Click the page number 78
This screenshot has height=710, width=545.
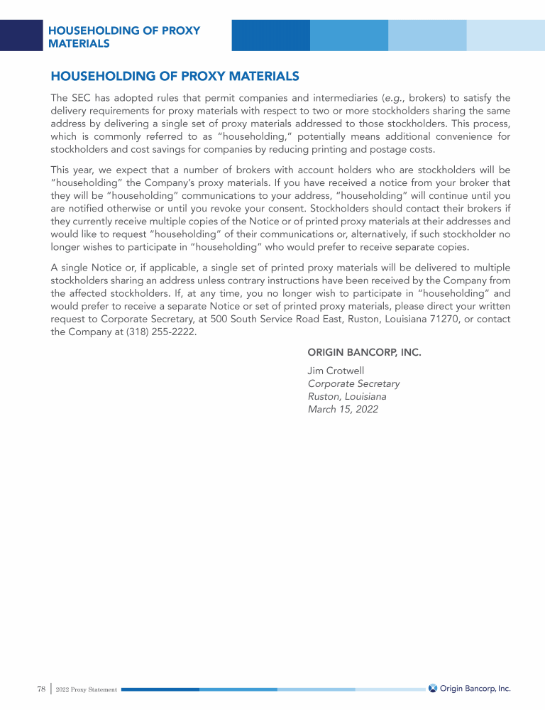(x=40, y=689)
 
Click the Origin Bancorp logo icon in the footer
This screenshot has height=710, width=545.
(x=433, y=688)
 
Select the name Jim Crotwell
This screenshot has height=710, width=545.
(x=336, y=371)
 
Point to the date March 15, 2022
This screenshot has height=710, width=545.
(x=343, y=409)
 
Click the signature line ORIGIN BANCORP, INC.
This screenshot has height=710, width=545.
(x=364, y=352)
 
